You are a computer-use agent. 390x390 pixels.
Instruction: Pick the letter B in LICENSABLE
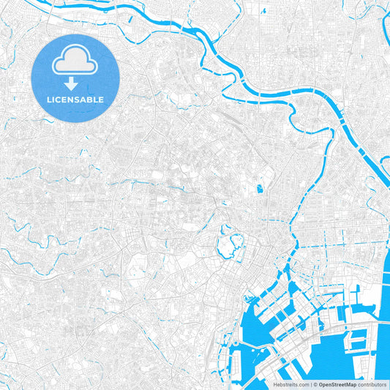[x=90, y=99]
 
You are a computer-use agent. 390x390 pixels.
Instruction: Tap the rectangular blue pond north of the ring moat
[x=259, y=189]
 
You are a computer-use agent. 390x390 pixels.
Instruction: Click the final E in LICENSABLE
[x=101, y=99]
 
